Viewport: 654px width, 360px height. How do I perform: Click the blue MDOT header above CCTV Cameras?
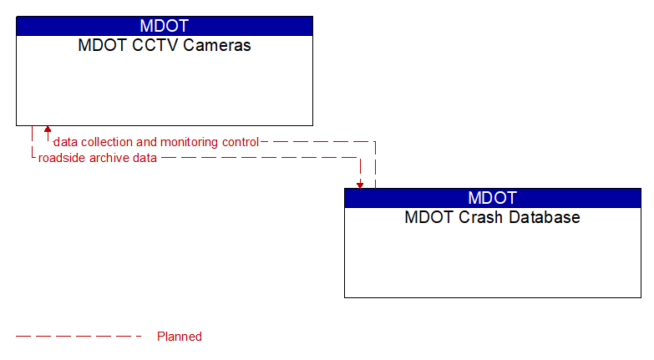[164, 26]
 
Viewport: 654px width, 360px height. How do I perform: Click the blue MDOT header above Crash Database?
[492, 198]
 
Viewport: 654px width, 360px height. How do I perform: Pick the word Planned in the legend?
[180, 337]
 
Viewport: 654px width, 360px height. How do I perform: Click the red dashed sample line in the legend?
[79, 337]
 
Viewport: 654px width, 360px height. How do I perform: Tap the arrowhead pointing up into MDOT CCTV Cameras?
[48, 130]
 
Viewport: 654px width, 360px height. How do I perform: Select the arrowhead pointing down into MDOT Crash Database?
[360, 184]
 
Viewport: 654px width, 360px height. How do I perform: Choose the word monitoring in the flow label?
[191, 142]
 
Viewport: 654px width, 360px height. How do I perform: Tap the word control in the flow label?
[241, 142]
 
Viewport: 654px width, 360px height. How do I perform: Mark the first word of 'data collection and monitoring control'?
[66, 142]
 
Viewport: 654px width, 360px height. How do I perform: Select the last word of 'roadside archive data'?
[144, 158]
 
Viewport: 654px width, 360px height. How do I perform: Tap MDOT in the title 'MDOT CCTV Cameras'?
[99, 46]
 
